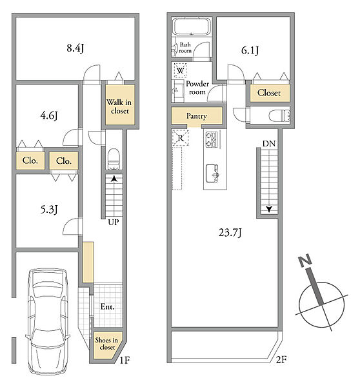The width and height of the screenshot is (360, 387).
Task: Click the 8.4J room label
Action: pyautogui.click(x=75, y=48)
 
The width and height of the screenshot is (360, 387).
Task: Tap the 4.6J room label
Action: pyautogui.click(x=49, y=115)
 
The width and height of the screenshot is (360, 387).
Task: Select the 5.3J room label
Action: pyautogui.click(x=49, y=210)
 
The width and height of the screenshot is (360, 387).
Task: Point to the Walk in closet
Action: pyautogui.click(x=120, y=104)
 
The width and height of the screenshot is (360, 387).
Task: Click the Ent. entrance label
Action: pyautogui.click(x=108, y=307)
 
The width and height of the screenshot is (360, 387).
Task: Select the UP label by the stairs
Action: pyautogui.click(x=114, y=223)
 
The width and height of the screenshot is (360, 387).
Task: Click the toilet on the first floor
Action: pyautogui.click(x=114, y=159)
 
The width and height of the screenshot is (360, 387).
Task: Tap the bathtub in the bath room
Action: pyautogui.click(x=192, y=27)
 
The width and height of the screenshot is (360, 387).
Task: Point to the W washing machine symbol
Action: pyautogui.click(x=180, y=70)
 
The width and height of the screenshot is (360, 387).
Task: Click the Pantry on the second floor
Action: pyautogui.click(x=197, y=116)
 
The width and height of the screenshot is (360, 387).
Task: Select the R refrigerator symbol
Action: pyautogui.click(x=181, y=138)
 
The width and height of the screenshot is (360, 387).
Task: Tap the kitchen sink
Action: pyautogui.click(x=212, y=174)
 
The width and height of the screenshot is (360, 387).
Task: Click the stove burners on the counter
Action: pyautogui.click(x=211, y=140)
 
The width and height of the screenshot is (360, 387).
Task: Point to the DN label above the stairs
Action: pyautogui.click(x=269, y=144)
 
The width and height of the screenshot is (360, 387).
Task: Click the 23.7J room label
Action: pyautogui.click(x=230, y=233)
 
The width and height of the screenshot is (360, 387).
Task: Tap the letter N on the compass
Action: pyautogui.click(x=305, y=261)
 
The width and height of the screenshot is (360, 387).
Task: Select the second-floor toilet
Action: pyautogui.click(x=279, y=116)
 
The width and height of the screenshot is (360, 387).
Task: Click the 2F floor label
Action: pyautogui.click(x=281, y=359)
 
